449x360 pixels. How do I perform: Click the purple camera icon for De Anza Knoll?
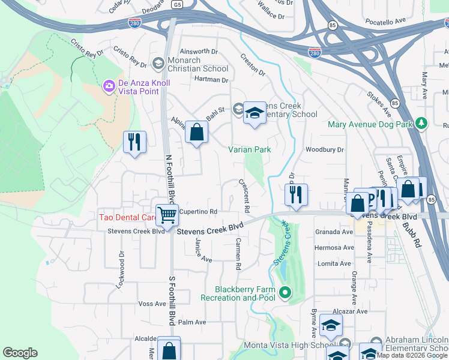point(109,87)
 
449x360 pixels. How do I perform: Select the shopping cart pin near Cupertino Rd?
point(167,214)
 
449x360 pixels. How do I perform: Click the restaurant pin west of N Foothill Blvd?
point(134,142)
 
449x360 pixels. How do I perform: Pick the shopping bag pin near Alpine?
point(196,132)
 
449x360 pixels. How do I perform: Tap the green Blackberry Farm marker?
point(285,293)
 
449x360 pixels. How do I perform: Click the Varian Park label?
point(250,149)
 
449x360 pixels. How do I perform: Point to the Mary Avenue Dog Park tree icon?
point(422,124)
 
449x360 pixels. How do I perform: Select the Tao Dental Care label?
point(128,217)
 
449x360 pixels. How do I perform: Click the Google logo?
point(20,353)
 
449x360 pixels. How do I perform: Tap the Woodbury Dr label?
point(324,149)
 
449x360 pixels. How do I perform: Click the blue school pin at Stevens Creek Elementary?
point(255,113)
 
